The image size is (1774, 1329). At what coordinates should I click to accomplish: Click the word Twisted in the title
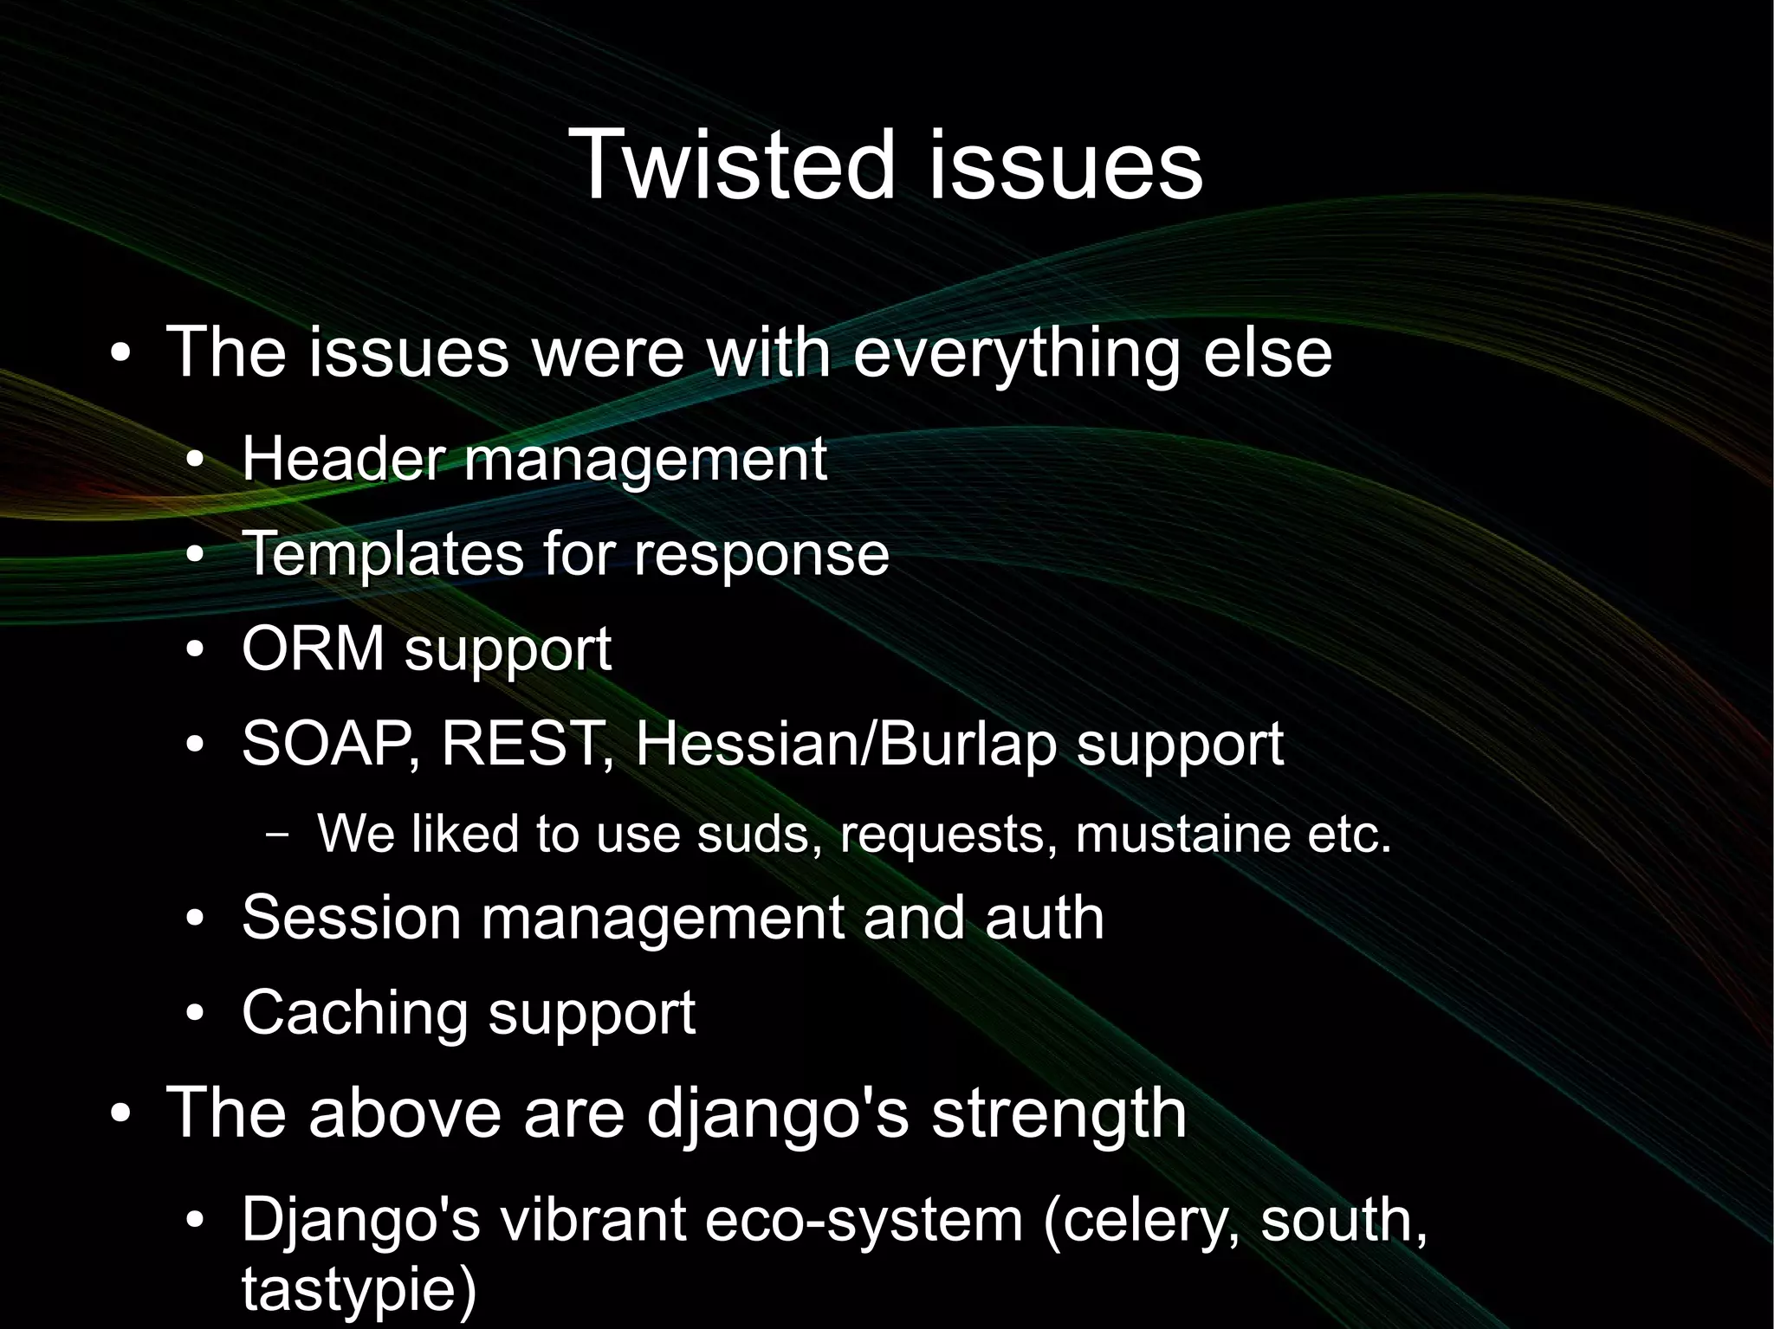pyautogui.click(x=733, y=165)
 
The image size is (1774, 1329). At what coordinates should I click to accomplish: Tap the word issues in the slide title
pyautogui.click(x=1065, y=165)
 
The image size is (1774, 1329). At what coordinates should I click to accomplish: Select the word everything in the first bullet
pyautogui.click(x=1016, y=352)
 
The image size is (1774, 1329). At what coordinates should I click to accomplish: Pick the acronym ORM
pyautogui.click(x=313, y=648)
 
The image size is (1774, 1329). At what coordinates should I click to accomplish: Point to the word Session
pyautogui.click(x=351, y=917)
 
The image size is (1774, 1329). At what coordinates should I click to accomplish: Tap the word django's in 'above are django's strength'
pyautogui.click(x=777, y=1114)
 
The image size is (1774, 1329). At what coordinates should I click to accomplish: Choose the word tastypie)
pyautogui.click(x=359, y=1288)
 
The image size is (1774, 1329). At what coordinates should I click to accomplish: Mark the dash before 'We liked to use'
pyautogui.click(x=278, y=835)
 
